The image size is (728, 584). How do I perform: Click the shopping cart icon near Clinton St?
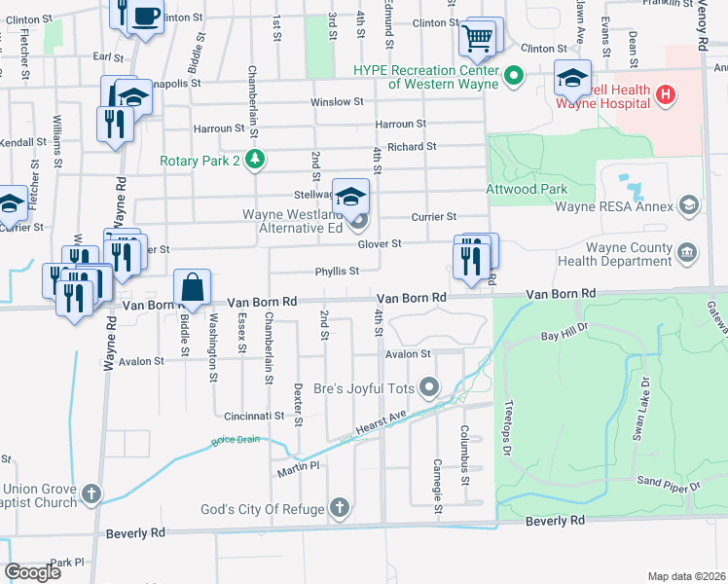(477, 39)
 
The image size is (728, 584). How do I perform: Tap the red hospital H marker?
(665, 94)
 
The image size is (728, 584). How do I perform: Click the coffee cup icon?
(146, 17)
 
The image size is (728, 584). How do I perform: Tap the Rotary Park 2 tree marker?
(254, 159)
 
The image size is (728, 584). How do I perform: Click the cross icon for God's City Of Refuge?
(339, 507)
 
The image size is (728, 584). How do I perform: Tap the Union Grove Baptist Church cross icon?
(91, 494)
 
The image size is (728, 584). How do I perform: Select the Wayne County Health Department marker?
(688, 253)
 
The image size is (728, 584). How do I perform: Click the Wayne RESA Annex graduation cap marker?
(689, 204)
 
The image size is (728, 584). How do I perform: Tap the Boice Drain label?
(234, 443)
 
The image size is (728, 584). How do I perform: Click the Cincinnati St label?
(251, 415)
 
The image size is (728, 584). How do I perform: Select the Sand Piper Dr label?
(669, 483)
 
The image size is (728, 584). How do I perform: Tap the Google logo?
(33, 573)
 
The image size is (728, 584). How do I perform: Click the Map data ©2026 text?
(686, 576)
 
